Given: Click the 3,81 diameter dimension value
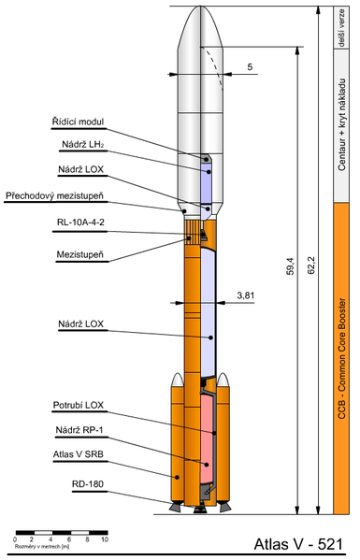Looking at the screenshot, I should point(246,294).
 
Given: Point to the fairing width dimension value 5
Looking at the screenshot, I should point(250,67).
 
